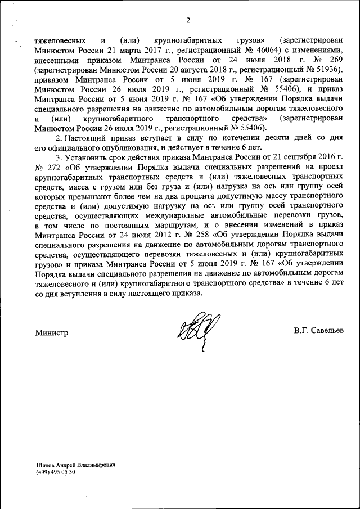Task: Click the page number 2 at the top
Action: click(x=188, y=21)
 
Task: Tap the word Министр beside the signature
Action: click(x=51, y=332)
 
